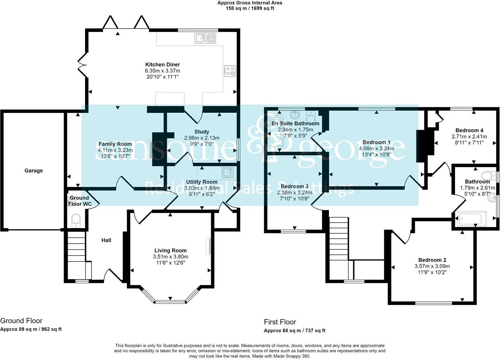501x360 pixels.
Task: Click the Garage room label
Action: click(33, 171)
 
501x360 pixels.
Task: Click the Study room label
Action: click(202, 132)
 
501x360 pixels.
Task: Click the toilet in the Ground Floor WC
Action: click(76, 220)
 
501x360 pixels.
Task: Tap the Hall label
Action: click(106, 240)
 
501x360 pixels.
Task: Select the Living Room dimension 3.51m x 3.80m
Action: click(170, 257)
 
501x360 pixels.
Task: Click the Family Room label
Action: click(115, 144)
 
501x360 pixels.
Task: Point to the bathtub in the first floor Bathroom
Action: click(471, 219)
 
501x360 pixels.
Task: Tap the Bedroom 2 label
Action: click(432, 260)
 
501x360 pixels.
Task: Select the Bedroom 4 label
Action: click(469, 130)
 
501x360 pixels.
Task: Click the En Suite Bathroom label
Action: click(295, 123)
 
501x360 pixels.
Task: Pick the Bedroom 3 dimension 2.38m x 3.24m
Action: click(294, 192)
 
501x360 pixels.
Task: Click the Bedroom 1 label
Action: click(376, 142)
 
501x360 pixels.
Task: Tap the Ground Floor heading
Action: click(21, 321)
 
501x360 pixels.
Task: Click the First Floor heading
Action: click(280, 322)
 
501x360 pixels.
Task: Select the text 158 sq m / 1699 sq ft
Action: click(250, 8)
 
